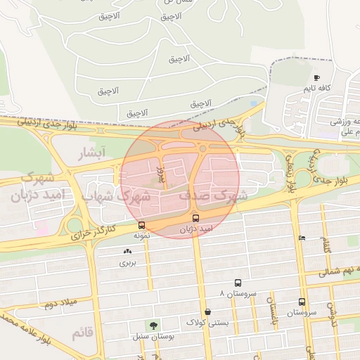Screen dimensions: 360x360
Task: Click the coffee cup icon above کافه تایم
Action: click(x=316, y=77)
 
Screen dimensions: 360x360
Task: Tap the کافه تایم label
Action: click(x=316, y=88)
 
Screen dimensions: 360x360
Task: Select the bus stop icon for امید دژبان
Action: click(x=196, y=219)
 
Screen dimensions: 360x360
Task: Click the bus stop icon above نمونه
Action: click(x=142, y=226)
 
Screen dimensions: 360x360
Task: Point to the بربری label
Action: click(x=127, y=263)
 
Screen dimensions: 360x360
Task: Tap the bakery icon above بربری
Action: click(x=127, y=252)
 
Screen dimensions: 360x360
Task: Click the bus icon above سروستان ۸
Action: click(x=238, y=283)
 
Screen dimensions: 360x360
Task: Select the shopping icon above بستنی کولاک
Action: click(x=207, y=311)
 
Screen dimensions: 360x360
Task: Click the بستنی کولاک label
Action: click(x=207, y=323)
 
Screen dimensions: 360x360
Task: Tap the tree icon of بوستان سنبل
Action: click(x=151, y=325)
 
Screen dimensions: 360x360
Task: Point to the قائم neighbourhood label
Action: click(x=81, y=332)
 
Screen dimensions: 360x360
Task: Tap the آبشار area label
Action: click(x=92, y=153)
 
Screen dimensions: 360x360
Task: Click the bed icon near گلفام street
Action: click(x=301, y=238)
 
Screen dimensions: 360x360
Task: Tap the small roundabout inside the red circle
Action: click(x=202, y=148)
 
